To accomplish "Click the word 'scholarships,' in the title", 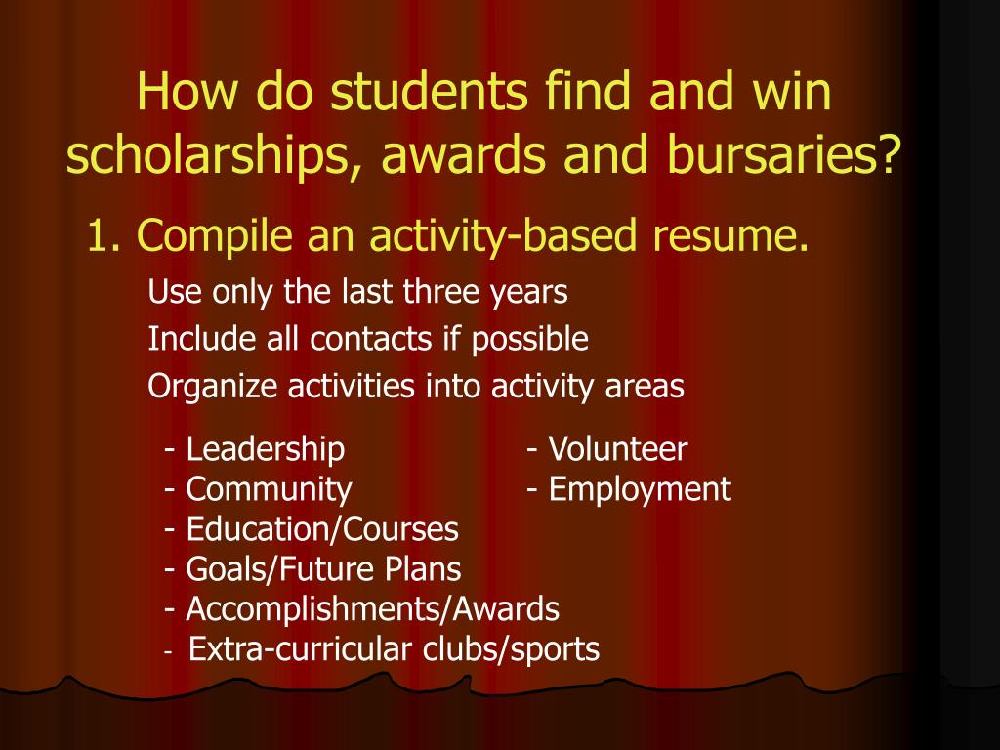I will [196, 156].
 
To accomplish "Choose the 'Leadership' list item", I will [265, 449].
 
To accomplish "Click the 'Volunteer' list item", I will [617, 449].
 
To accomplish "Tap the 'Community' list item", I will [269, 488].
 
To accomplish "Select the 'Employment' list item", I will [639, 488].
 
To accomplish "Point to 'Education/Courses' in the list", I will [321, 529].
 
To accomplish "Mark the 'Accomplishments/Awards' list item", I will [372, 609].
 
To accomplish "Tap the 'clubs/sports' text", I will [511, 648].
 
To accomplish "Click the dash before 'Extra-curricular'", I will [170, 650].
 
